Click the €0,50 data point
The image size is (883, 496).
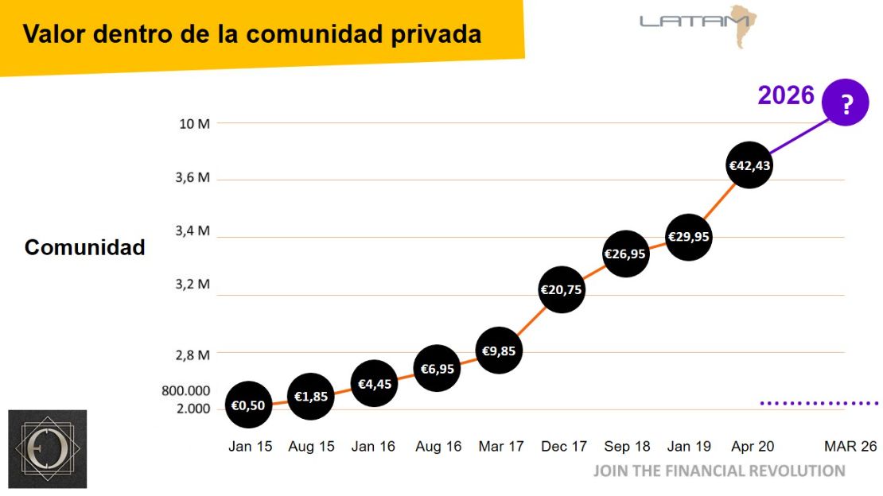(x=249, y=405)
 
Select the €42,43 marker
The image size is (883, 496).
(x=749, y=165)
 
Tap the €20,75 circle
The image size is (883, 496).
(x=562, y=290)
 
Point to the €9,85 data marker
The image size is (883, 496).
(x=499, y=350)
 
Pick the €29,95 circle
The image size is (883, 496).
(x=688, y=236)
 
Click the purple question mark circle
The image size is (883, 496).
(x=846, y=103)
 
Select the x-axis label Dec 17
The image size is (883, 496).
(x=564, y=447)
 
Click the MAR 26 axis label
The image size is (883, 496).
(x=850, y=447)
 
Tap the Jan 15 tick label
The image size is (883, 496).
(x=250, y=447)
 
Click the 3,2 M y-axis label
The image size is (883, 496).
(x=193, y=284)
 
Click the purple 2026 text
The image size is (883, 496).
(x=786, y=96)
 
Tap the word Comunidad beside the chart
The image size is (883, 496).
(x=84, y=247)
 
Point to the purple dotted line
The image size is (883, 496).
(x=819, y=404)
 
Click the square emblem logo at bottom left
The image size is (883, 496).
(x=47, y=449)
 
